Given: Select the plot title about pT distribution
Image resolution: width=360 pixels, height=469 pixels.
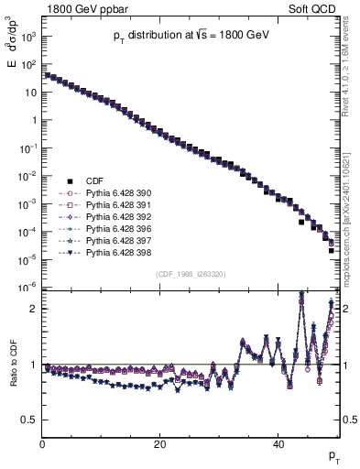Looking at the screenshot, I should (x=191, y=35).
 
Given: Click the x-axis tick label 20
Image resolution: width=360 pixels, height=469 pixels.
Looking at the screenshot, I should (x=159, y=444).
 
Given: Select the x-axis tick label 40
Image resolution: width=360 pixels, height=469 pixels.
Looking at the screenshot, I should (x=278, y=444).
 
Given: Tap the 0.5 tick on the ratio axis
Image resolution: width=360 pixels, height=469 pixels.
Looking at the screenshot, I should (x=28, y=420).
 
